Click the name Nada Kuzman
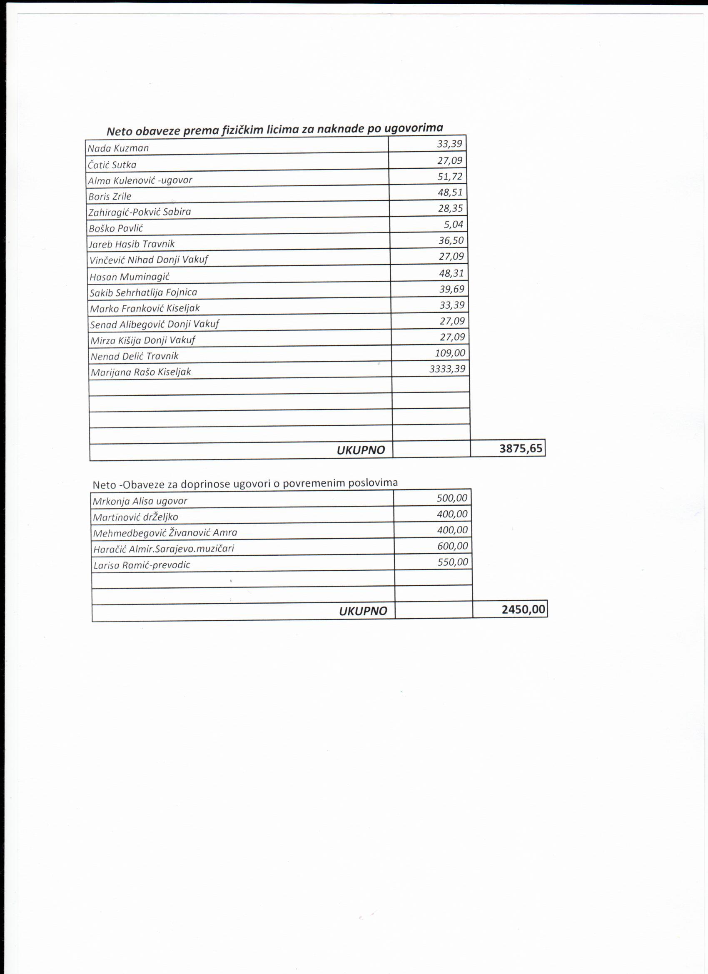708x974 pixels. [x=118, y=148]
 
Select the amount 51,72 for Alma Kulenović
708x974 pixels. [x=450, y=177]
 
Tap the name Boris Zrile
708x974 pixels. [x=110, y=197]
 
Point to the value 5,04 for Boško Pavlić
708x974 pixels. [x=454, y=224]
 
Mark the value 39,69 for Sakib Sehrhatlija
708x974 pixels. [x=452, y=289]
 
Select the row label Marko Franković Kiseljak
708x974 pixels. [x=145, y=308]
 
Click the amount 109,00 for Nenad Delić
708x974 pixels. [x=450, y=353]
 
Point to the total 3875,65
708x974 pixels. [x=521, y=449]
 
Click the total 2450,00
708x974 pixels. [x=523, y=609]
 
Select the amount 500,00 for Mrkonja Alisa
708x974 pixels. [x=452, y=498]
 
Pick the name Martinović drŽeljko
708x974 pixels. [x=135, y=517]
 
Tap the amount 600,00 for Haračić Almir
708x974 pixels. [x=453, y=546]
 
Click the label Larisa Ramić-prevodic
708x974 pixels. [x=142, y=565]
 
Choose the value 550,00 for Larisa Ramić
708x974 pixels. [x=453, y=562]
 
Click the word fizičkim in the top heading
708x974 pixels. [x=242, y=130]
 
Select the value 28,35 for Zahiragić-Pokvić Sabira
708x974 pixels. [x=450, y=208]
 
